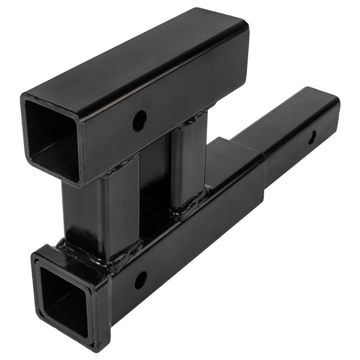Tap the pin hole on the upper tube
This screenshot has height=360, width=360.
coord(139,121)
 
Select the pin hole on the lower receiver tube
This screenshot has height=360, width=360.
coord(140,280)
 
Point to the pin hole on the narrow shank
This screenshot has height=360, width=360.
coord(312,137)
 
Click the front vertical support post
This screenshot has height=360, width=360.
coord(102,210)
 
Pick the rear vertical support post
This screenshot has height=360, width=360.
coord(187,162)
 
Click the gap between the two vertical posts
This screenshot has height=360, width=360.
coord(155,180)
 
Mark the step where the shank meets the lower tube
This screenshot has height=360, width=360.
coord(264,174)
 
